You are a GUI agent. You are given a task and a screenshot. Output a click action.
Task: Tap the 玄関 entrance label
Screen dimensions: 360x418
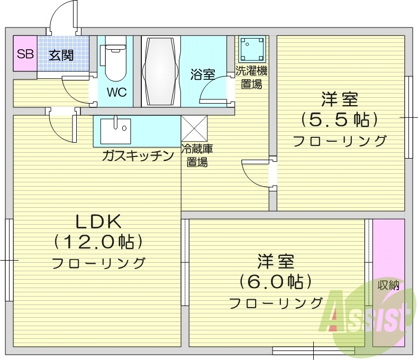click(61, 54)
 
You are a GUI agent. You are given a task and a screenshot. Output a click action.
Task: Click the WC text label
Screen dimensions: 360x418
click(116, 91)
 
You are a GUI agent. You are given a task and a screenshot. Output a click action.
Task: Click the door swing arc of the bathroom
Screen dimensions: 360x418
click(213, 91)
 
